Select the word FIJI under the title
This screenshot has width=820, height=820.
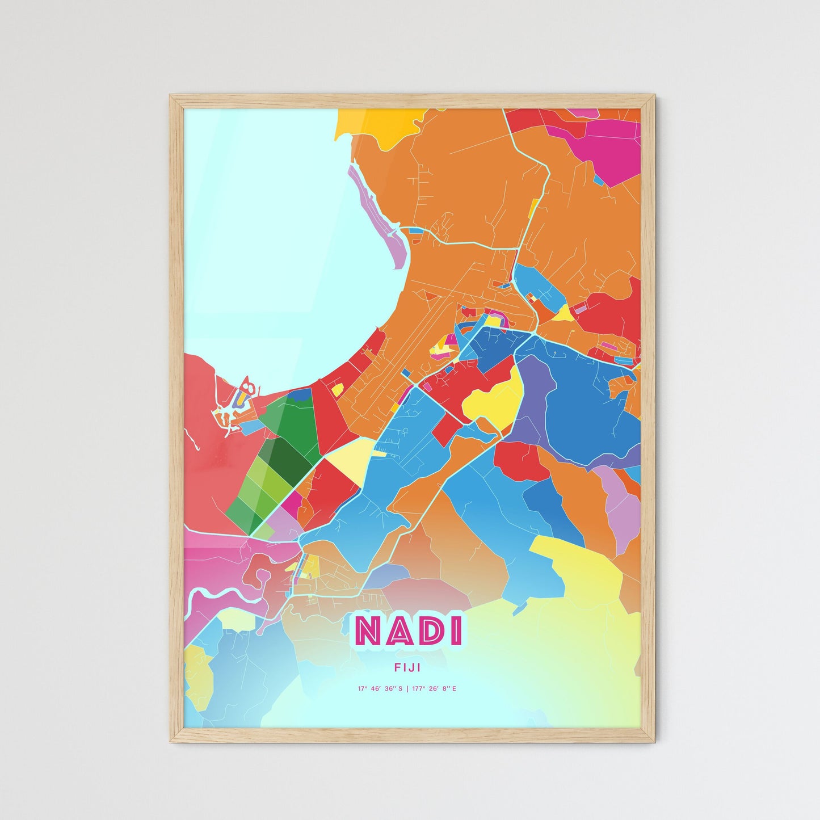(x=407, y=668)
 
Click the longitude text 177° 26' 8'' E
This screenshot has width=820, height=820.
(x=433, y=689)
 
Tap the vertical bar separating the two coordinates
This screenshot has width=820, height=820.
(x=407, y=689)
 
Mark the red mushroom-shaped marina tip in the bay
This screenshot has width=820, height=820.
(x=247, y=386)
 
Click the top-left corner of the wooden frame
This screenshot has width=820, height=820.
(x=172, y=96)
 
